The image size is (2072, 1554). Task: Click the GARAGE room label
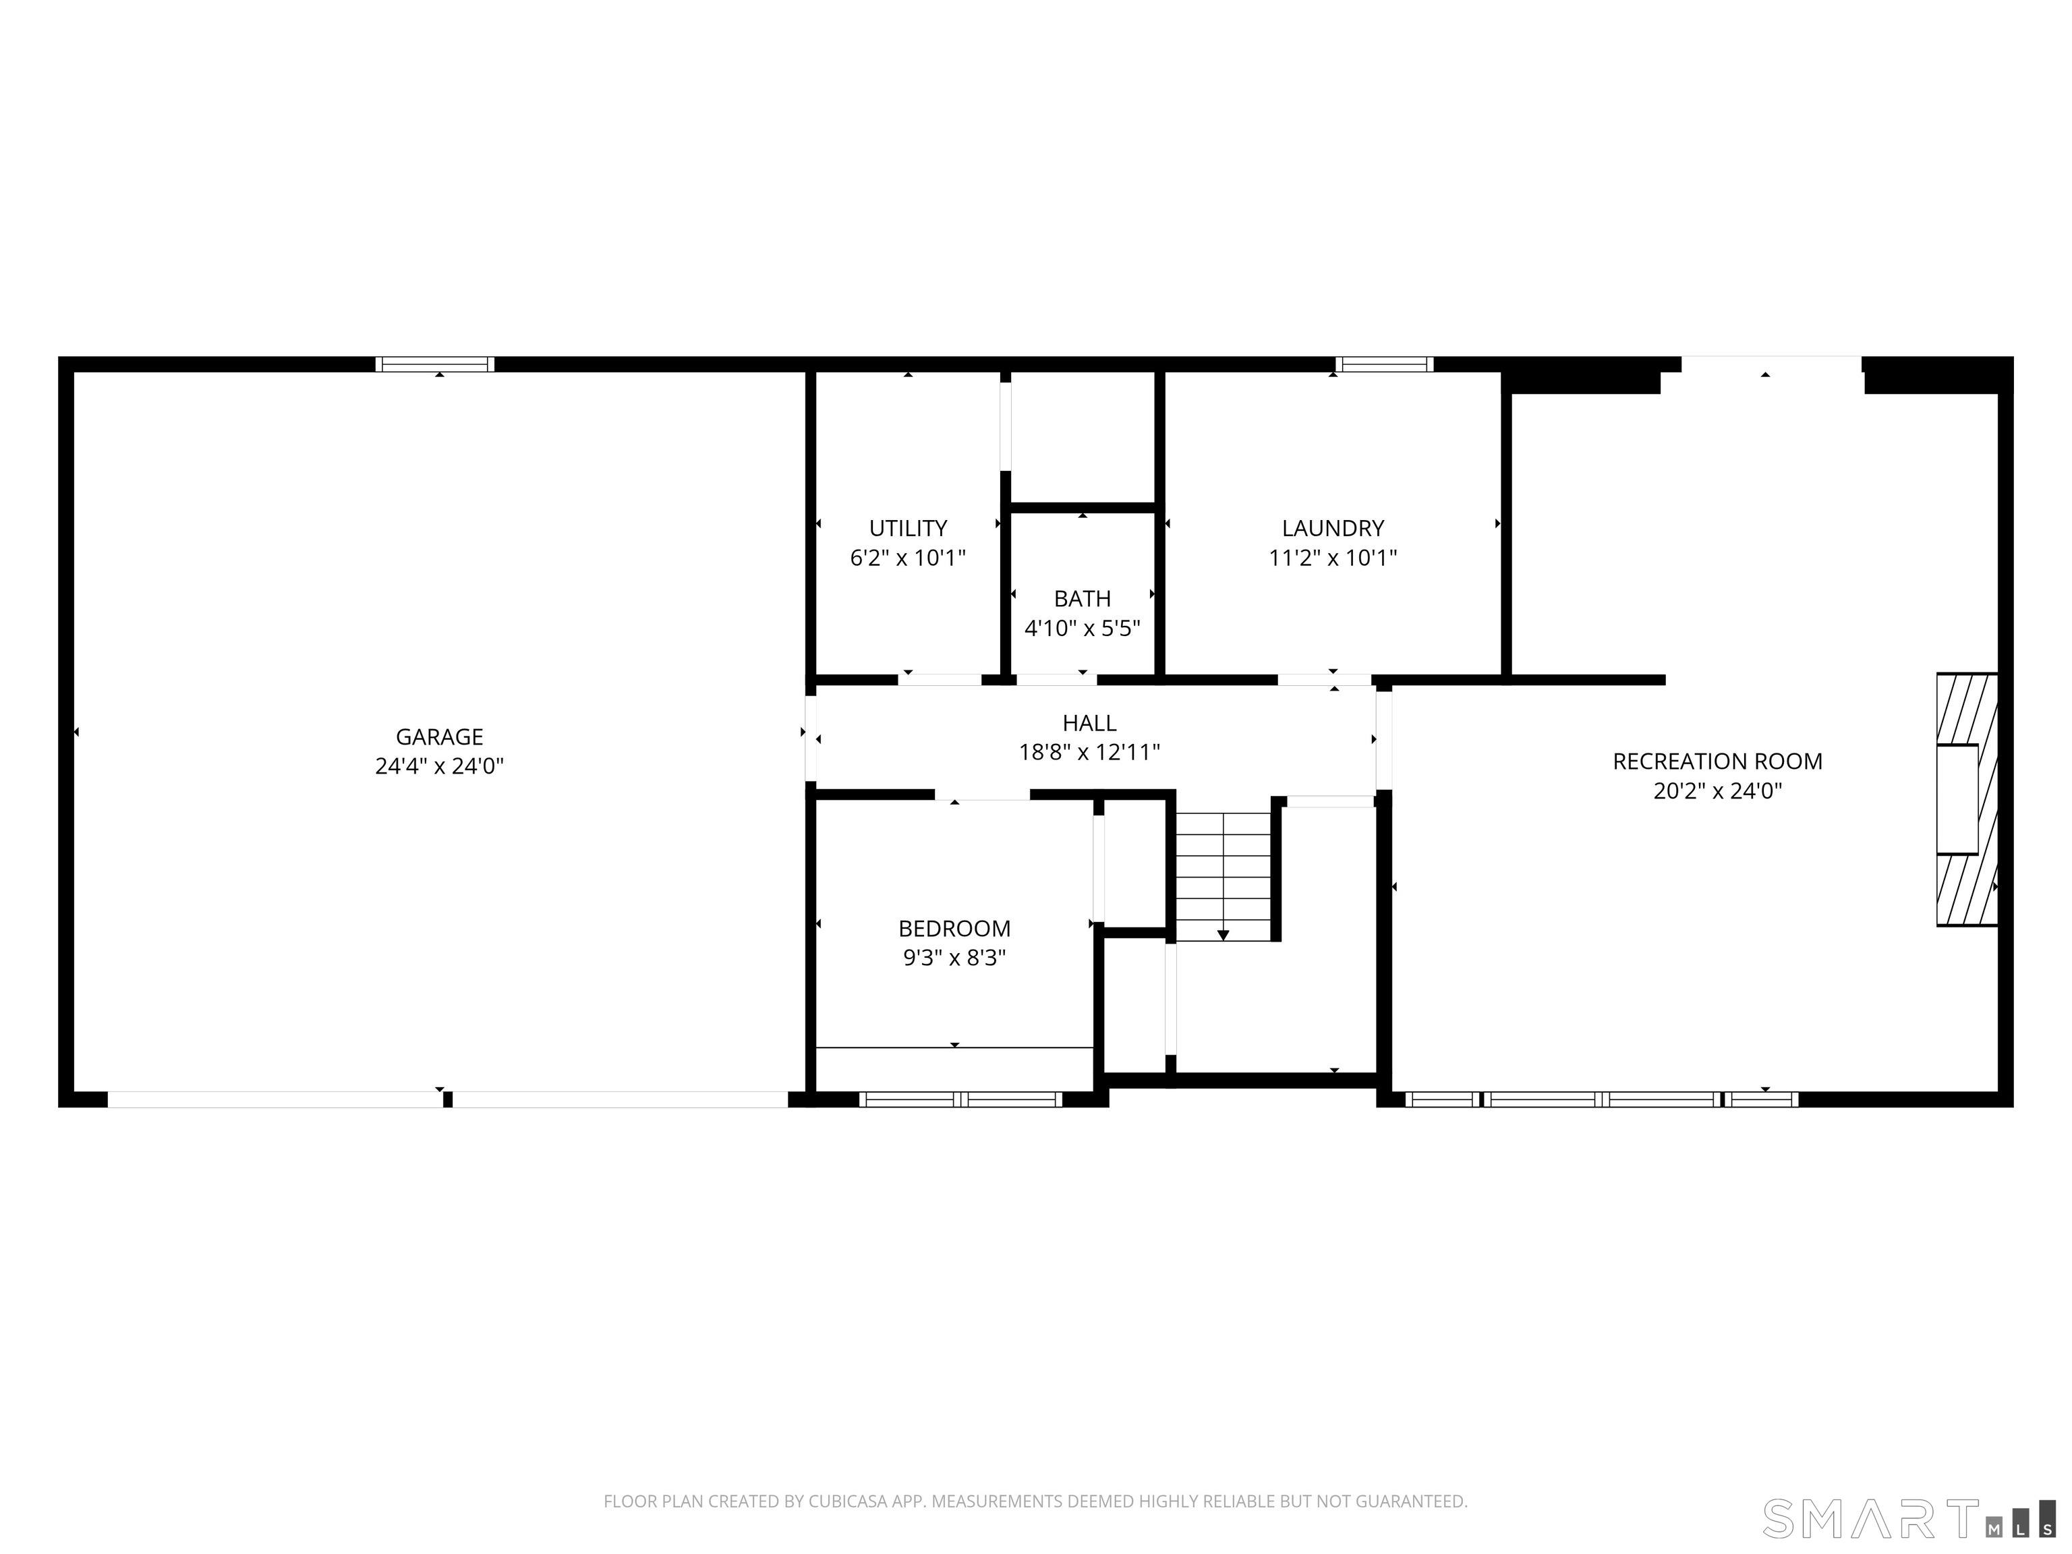(439, 737)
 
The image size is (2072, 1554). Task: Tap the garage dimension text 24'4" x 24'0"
(439, 767)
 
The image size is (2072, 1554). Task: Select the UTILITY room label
(908, 528)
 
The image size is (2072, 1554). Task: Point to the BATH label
(1082, 598)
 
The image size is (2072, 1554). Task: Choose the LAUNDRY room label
(1332, 528)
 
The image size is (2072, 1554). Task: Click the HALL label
(1089, 723)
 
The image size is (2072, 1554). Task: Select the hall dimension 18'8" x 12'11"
(1089, 752)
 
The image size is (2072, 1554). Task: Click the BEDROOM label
(954, 928)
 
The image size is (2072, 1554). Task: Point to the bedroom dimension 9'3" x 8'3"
(954, 958)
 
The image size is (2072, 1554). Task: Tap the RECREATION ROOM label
(1717, 761)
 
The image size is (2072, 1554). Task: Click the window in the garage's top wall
(434, 364)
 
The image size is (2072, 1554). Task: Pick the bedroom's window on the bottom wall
(960, 1099)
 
